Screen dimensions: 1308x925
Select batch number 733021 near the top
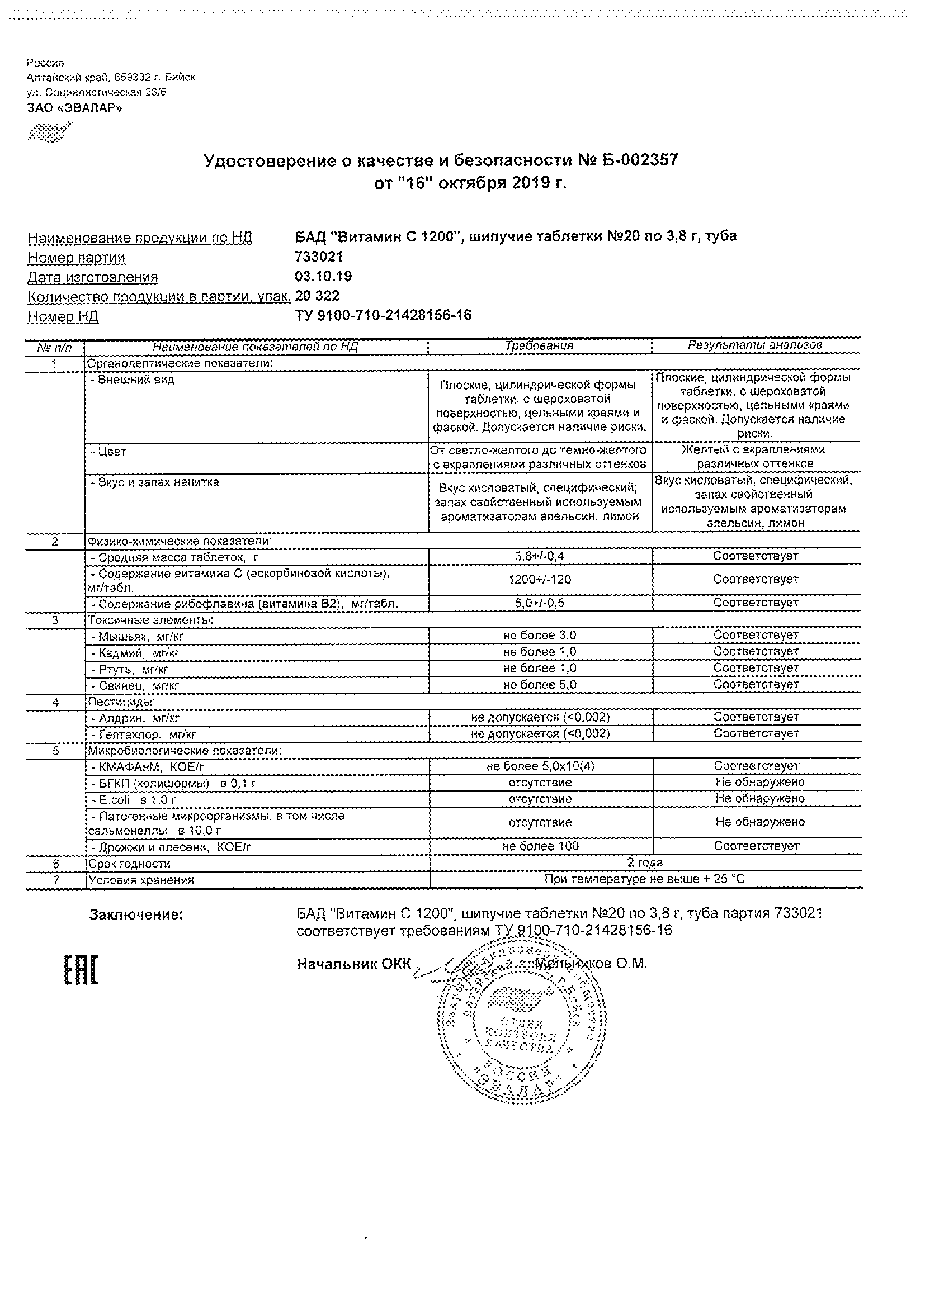[x=319, y=258]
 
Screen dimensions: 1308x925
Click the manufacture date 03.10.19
[x=323, y=277]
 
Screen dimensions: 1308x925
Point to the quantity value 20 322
[x=317, y=296]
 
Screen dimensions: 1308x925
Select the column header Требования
[x=539, y=346]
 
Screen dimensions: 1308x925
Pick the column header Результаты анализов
[x=755, y=345]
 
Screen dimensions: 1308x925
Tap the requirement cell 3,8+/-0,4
[x=540, y=556]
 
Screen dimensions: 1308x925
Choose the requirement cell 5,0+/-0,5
[x=540, y=603]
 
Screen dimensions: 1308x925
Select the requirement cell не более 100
[x=540, y=846]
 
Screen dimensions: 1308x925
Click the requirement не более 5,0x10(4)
[x=540, y=767]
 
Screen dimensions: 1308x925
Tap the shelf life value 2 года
[x=645, y=863]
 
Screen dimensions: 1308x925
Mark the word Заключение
[x=136, y=916]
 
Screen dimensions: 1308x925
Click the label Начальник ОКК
[x=353, y=964]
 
